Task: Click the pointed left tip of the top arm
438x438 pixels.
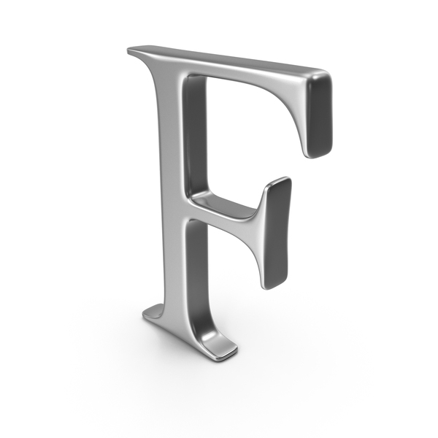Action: tap(128, 51)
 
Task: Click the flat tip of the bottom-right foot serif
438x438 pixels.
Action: tap(228, 353)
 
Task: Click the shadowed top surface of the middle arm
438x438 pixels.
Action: tap(223, 204)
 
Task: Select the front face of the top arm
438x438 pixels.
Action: tap(240, 73)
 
